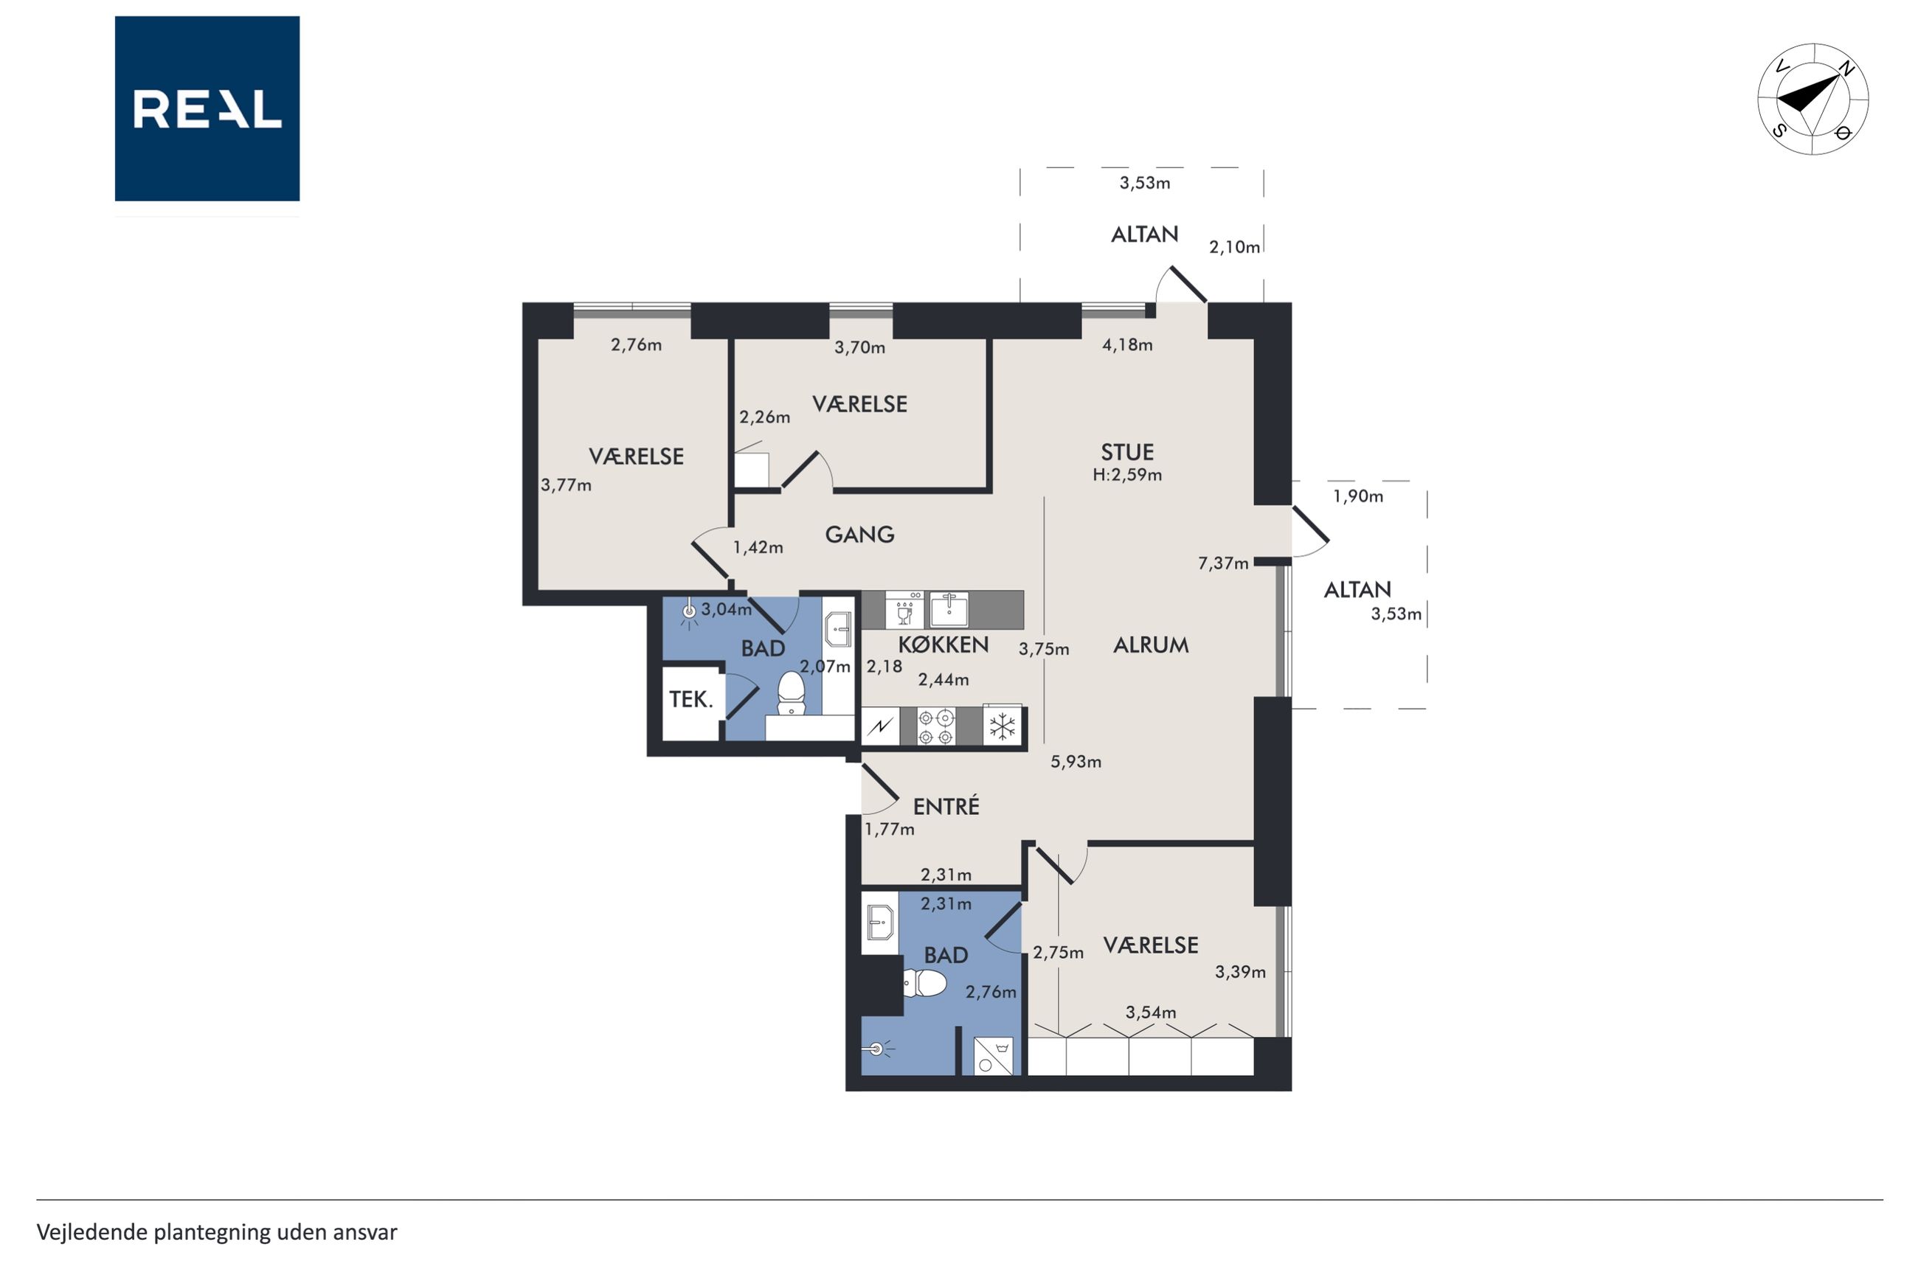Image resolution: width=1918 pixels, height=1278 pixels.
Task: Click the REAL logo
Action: [x=207, y=108]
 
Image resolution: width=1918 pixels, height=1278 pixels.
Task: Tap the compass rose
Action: [x=1813, y=99]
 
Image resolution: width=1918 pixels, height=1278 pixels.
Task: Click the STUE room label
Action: [x=1127, y=452]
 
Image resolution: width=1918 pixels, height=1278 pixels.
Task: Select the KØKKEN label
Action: [x=943, y=645]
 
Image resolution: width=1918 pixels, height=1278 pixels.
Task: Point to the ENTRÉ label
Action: [x=946, y=806]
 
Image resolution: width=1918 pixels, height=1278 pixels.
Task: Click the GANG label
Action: [x=860, y=535]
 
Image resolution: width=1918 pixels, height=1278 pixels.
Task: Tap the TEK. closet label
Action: [x=691, y=699]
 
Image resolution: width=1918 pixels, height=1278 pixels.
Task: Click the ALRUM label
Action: [x=1151, y=645]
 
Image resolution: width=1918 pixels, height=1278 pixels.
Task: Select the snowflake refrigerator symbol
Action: [x=1002, y=726]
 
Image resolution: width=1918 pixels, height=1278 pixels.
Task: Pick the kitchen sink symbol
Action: [x=949, y=609]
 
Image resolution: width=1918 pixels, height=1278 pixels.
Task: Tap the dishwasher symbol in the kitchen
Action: [x=904, y=609]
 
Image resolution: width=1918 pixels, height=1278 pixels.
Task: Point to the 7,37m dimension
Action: [x=1222, y=563]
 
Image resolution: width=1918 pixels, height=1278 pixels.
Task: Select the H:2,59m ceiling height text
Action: [x=1127, y=474]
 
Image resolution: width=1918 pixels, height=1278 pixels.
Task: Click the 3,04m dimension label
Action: [x=727, y=609]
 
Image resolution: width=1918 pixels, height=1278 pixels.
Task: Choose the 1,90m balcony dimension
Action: [x=1358, y=496]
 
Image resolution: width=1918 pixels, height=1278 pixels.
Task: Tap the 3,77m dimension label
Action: [x=567, y=485]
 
